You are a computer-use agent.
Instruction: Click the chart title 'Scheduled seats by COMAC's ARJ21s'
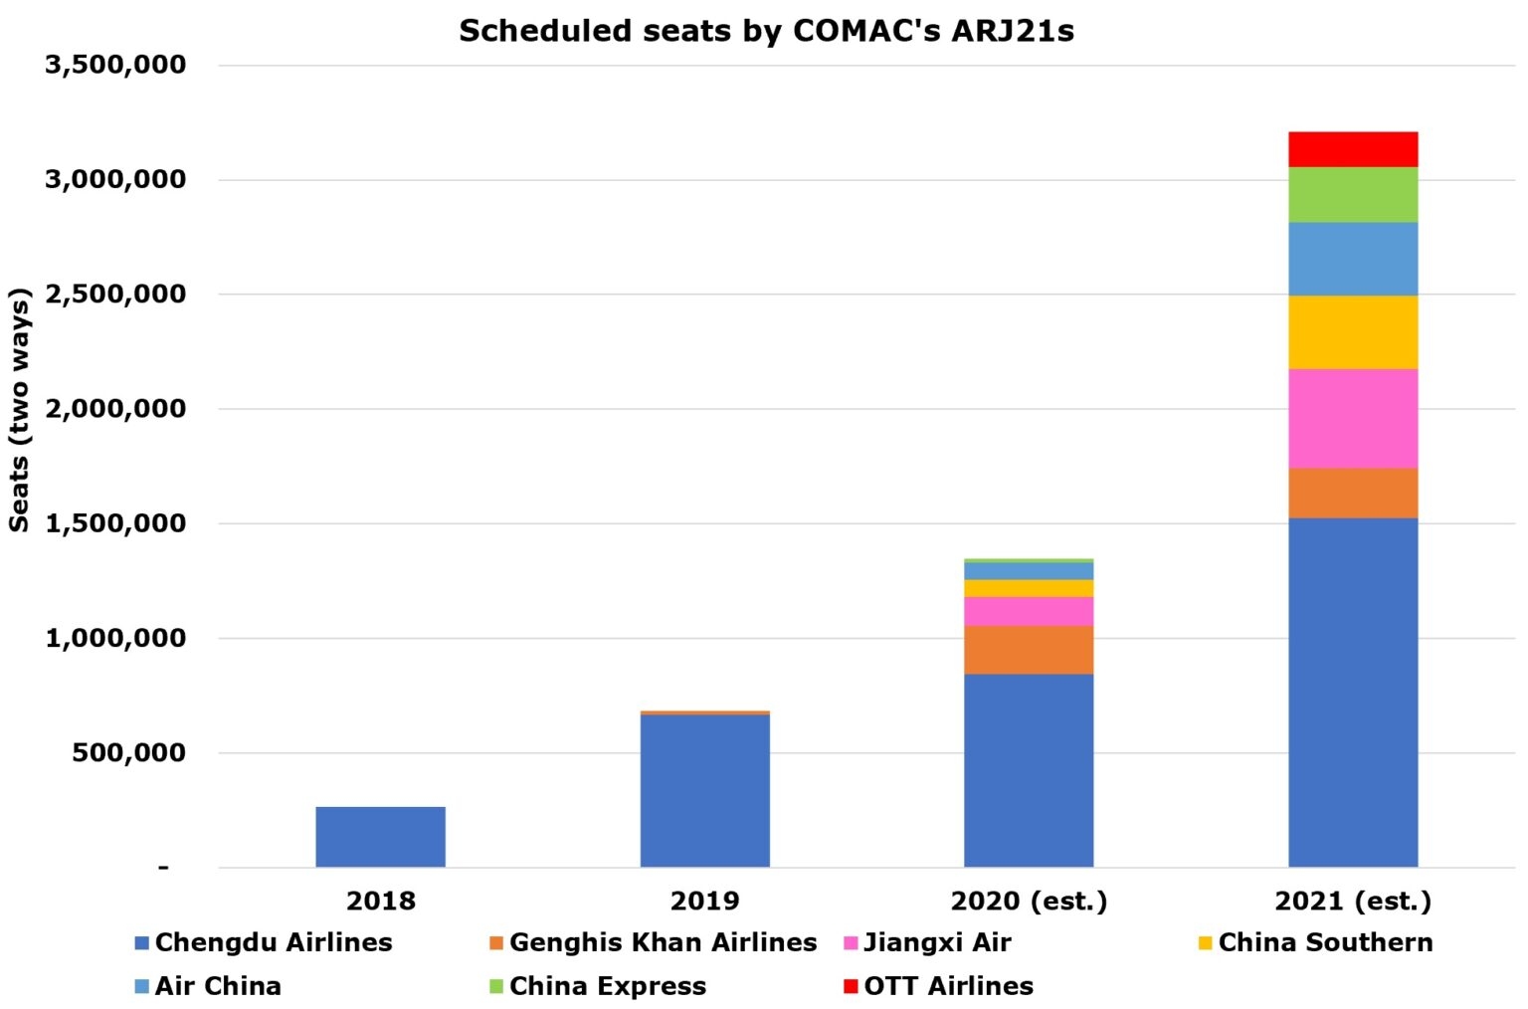click(x=766, y=31)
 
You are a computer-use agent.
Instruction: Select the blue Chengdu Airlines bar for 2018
click(x=380, y=836)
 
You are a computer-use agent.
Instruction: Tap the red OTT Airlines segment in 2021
click(x=1352, y=149)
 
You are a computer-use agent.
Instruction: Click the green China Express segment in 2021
click(x=1352, y=194)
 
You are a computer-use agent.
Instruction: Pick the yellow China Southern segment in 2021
click(x=1352, y=331)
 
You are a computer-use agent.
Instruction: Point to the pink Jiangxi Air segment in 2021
click(x=1352, y=418)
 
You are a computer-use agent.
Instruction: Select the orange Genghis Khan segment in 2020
click(x=1028, y=649)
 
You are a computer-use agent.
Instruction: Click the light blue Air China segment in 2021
click(x=1352, y=259)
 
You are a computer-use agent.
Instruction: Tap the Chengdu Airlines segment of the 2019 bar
click(x=704, y=790)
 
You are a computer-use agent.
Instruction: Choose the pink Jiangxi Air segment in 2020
click(x=1028, y=611)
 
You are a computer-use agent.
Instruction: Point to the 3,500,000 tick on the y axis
click(x=115, y=65)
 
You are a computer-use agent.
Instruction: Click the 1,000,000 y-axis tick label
click(x=115, y=638)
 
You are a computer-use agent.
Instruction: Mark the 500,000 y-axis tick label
click(x=128, y=752)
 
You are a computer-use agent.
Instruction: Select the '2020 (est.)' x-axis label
click(x=1029, y=901)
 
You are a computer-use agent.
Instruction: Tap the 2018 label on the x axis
click(x=380, y=901)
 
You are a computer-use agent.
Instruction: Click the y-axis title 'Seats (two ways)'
click(x=19, y=409)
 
